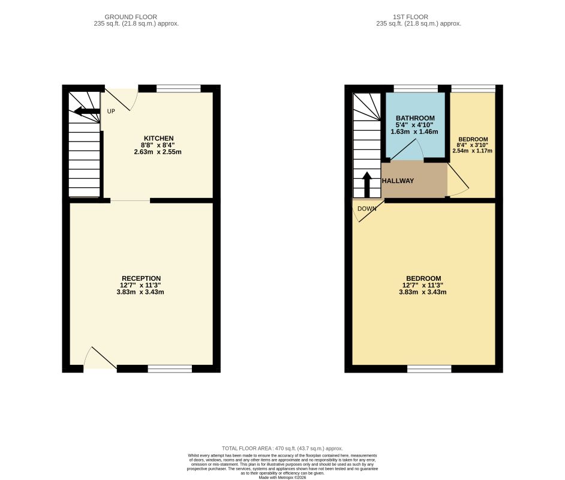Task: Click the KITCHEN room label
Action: click(x=158, y=139)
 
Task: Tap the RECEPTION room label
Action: click(x=141, y=278)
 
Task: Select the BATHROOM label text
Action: click(x=415, y=118)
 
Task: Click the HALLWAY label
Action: click(x=398, y=181)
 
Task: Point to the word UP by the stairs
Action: click(x=111, y=112)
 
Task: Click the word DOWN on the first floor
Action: click(x=366, y=209)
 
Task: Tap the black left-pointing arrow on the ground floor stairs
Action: click(x=87, y=111)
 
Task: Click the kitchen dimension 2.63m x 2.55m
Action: click(x=158, y=152)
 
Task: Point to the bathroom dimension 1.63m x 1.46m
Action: click(x=414, y=132)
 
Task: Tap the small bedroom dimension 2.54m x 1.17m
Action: click(x=472, y=151)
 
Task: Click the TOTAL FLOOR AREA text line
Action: click(x=282, y=448)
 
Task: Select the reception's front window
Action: click(x=170, y=368)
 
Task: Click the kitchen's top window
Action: click(x=178, y=89)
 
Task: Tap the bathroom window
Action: click(x=416, y=89)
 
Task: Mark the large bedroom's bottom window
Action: click(x=429, y=368)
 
